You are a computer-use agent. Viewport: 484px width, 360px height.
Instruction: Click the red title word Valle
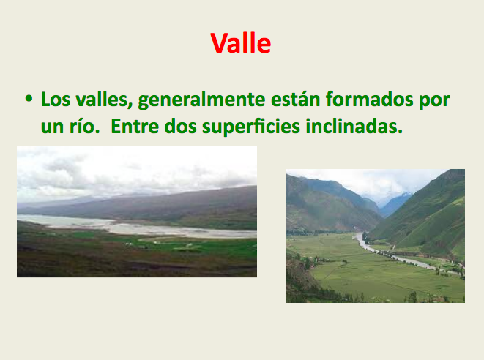click(241, 43)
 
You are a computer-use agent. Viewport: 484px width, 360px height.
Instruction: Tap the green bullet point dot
click(29, 98)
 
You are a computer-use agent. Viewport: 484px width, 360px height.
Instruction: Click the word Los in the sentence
click(56, 100)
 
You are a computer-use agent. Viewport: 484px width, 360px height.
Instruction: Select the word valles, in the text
click(104, 100)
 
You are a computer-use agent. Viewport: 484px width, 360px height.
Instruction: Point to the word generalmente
click(201, 101)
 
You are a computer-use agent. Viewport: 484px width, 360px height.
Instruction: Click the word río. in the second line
click(85, 126)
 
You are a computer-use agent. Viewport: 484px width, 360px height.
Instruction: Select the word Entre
click(135, 126)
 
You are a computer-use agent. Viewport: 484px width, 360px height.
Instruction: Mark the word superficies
click(251, 127)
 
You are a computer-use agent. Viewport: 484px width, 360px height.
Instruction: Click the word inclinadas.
click(354, 126)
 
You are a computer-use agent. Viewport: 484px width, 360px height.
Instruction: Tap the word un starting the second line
click(52, 128)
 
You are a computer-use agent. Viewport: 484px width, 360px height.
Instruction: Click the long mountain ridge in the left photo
click(154, 203)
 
